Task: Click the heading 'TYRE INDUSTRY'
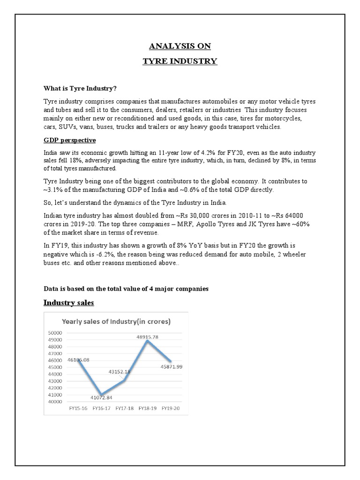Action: (x=180, y=61)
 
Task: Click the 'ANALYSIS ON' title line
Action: (x=180, y=46)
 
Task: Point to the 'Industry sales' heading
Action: (x=68, y=303)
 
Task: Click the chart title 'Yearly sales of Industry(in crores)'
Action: (x=117, y=322)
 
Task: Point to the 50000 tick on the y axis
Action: (x=56, y=332)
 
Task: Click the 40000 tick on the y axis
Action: (x=56, y=402)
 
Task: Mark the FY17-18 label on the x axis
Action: (x=124, y=408)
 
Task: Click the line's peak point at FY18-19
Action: (x=148, y=341)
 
